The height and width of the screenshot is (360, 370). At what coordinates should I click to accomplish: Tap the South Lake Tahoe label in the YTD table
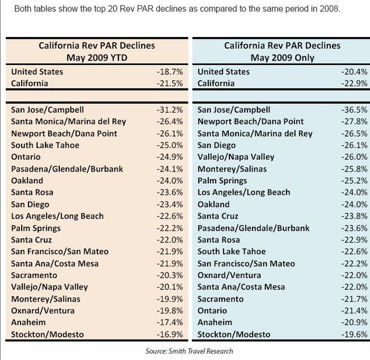46,145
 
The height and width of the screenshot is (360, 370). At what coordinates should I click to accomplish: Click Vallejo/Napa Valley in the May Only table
236,157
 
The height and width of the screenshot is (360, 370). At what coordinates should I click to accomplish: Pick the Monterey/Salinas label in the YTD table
46,299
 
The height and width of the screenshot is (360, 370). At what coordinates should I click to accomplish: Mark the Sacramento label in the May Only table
220,299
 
